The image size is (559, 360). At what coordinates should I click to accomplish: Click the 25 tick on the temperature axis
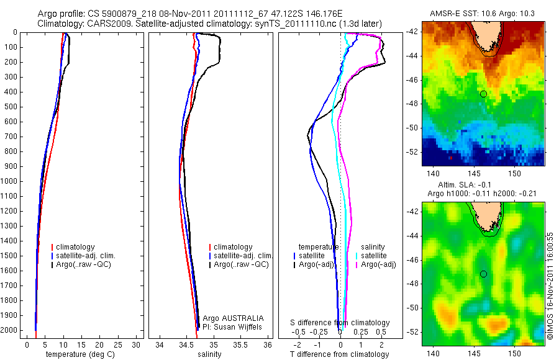point(119,344)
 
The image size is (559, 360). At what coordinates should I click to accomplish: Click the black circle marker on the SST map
point(483,94)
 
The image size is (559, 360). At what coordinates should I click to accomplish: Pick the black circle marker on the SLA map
point(483,274)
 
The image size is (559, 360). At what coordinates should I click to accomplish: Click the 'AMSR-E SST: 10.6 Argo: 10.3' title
point(483,14)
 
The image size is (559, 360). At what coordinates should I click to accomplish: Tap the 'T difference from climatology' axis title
point(340,354)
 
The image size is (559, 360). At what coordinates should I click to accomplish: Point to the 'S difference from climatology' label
point(340,323)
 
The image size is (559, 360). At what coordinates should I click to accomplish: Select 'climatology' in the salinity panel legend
point(233,247)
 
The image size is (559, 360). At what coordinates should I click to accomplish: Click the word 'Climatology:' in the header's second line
point(60,24)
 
